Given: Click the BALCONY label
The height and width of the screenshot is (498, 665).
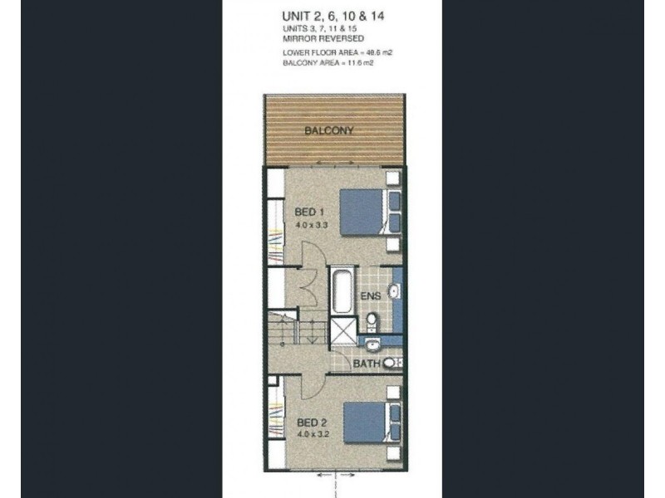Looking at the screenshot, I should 329,131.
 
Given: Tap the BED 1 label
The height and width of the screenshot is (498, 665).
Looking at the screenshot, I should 308,212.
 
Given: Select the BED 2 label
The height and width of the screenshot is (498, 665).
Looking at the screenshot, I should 310,422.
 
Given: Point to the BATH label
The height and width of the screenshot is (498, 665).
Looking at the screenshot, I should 367,363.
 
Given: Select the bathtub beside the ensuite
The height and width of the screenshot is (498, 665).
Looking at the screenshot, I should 342,290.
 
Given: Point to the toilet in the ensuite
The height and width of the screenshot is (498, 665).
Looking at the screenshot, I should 372,319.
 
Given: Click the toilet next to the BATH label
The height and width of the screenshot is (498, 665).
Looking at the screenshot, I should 395,363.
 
